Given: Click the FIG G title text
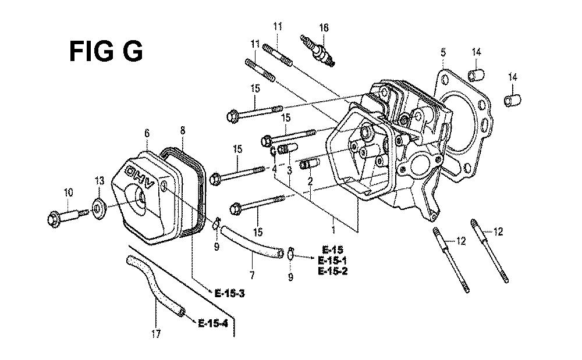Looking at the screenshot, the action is pos(106,51).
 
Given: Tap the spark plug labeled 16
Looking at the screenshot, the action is pos(318,52).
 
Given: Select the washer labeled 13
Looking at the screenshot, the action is pos(98,209).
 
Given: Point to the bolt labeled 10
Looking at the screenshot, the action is pos(68,218).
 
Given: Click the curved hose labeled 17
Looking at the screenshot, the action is pos(155,286).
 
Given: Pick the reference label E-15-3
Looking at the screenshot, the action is pos(230,294).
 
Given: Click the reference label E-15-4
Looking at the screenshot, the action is pos(213,323).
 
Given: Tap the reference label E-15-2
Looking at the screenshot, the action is pos(333,271).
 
